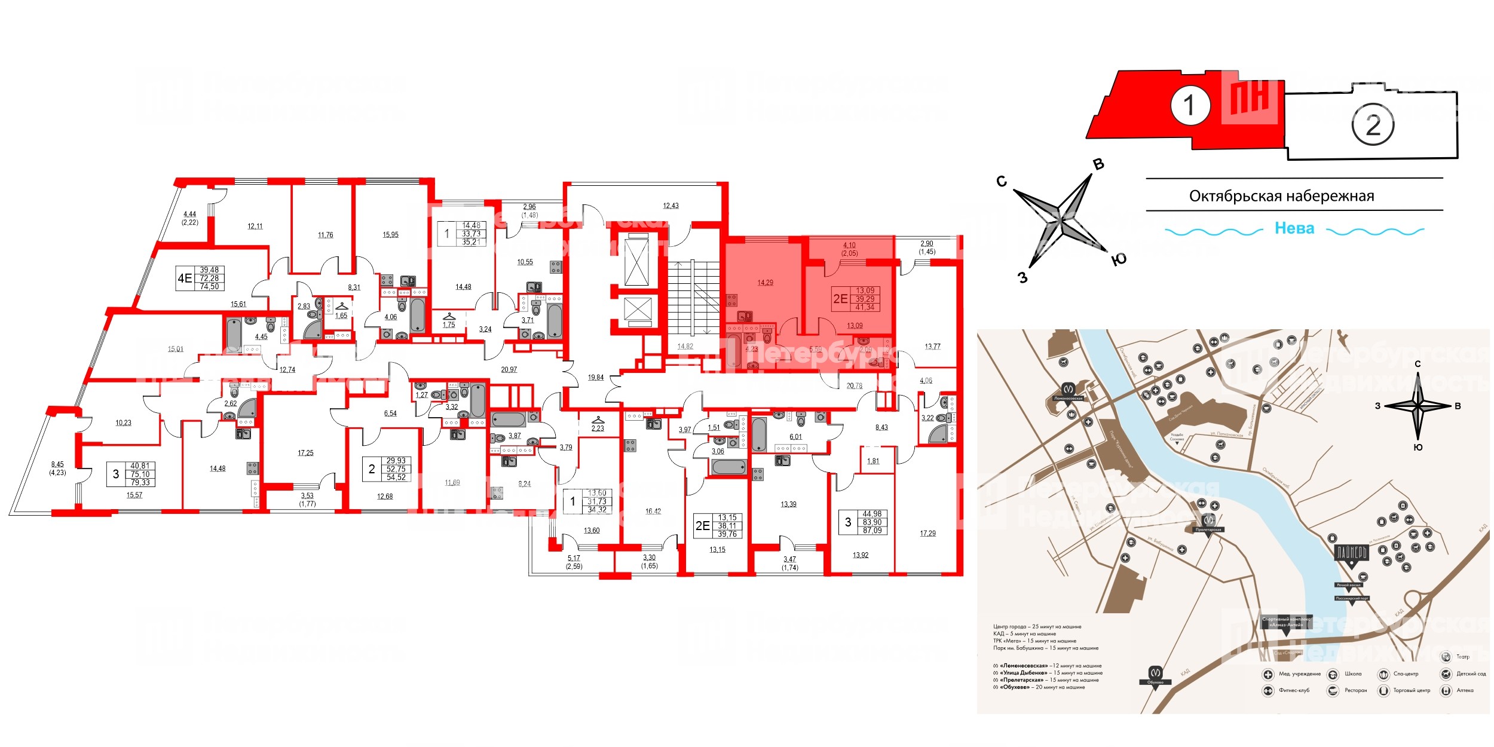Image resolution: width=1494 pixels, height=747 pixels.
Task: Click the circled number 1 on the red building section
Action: (x=1189, y=106)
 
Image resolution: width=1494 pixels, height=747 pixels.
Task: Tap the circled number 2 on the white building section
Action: (x=1373, y=125)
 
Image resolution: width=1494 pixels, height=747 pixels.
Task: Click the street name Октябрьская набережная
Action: (x=1281, y=196)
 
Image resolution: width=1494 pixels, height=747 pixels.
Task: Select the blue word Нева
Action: (x=1294, y=228)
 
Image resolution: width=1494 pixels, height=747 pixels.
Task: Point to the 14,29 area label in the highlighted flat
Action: (x=765, y=283)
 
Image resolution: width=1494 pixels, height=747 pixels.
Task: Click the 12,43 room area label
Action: (x=671, y=206)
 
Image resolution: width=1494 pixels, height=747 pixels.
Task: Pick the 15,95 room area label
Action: (x=390, y=235)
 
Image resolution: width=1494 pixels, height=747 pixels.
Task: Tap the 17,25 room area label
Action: (x=305, y=453)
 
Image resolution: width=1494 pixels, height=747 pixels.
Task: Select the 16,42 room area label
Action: (x=653, y=512)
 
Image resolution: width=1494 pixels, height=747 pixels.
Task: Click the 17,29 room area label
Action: (x=927, y=534)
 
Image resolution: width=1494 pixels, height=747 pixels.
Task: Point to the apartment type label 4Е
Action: (x=185, y=278)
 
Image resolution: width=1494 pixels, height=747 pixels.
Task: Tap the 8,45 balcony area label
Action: (x=57, y=464)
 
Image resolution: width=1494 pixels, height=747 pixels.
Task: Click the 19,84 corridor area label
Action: (x=595, y=378)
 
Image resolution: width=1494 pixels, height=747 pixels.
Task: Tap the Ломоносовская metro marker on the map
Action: (x=1069, y=391)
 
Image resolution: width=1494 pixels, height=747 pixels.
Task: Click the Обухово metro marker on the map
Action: (x=1155, y=673)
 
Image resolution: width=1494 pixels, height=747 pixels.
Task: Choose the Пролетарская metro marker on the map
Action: (x=1208, y=521)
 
